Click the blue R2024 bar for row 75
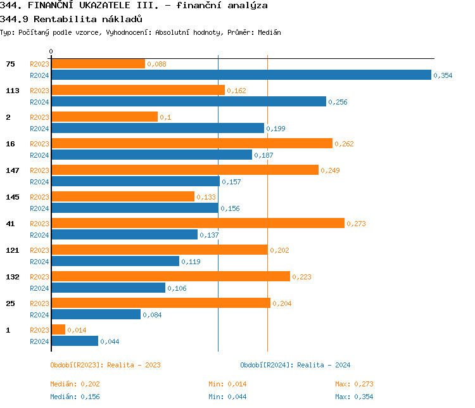[x=241, y=75]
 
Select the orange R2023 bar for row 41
[x=198, y=223]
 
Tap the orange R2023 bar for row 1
[x=58, y=329]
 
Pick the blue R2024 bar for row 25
[x=96, y=314]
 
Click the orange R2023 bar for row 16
[x=191, y=143]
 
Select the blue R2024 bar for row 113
[x=188, y=101]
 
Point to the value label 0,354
[x=443, y=75]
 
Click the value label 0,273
[x=357, y=224]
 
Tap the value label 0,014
[x=77, y=330]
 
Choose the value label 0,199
[x=275, y=129]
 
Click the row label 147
[x=12, y=170]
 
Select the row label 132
[x=12, y=277]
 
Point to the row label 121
[x=12, y=250]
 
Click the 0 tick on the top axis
[x=51, y=51]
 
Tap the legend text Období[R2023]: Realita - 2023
[x=105, y=365]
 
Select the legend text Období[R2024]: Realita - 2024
[x=295, y=365]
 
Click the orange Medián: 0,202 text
[x=75, y=384]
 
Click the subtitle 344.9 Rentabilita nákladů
[x=71, y=18]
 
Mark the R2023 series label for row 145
[x=39, y=197]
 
